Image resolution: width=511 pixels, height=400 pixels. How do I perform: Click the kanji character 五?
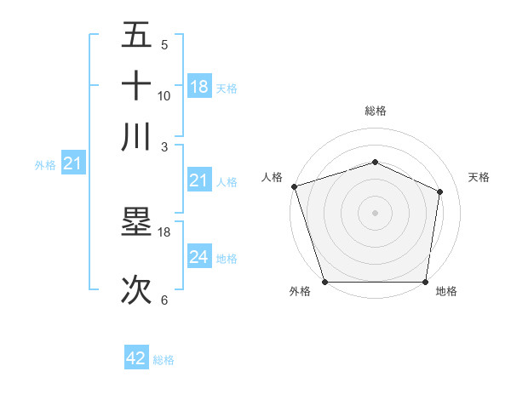pos(136,36)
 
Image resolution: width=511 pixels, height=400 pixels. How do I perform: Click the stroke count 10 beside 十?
pos(164,96)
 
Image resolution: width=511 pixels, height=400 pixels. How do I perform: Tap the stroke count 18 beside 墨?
pos(164,231)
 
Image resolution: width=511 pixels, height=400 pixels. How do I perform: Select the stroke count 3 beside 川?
pos(164,146)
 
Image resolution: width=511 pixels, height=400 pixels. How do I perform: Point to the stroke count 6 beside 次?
pos(164,300)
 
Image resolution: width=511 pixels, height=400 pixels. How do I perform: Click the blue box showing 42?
pos(136,358)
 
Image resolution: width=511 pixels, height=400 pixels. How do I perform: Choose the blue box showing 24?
pos(199,257)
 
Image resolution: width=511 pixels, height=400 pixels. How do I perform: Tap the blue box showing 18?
pos(199,87)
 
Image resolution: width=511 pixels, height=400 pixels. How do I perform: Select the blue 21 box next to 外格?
pos(72,163)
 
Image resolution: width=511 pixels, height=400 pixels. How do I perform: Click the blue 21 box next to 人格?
pos(199,180)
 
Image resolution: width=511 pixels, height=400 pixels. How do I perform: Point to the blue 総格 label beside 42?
pos(164,360)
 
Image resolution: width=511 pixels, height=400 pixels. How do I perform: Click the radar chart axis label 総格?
pos(375,111)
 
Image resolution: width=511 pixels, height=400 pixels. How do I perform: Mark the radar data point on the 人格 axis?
pos(294,186)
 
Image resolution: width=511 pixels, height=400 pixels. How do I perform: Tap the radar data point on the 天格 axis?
pos(440,191)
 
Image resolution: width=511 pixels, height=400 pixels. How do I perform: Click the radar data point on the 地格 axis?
pos(425,282)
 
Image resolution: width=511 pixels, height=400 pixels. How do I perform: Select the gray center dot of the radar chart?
pos(375,213)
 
